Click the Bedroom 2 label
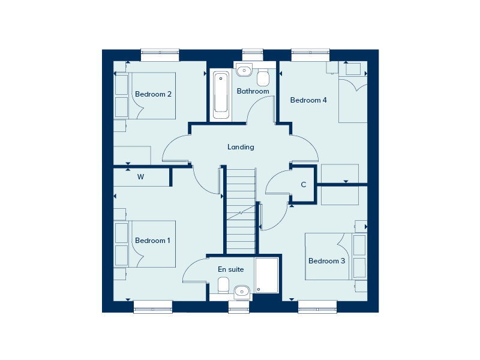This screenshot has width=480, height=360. [154, 94]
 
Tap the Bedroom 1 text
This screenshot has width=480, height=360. [152, 241]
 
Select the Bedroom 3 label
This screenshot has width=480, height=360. [326, 261]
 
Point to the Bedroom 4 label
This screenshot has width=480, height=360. [308, 100]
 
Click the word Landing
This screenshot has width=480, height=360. [241, 147]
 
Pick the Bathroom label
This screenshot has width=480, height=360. [253, 91]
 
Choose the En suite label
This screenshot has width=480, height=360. [231, 269]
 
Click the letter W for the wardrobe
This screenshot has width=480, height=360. [141, 177]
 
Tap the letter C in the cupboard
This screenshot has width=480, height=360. [304, 185]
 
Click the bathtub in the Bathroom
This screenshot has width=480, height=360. [221, 95]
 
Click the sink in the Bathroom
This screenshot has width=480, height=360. [244, 71]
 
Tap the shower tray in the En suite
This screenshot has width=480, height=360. [267, 275]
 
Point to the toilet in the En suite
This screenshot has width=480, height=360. [223, 284]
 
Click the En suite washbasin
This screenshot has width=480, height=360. [242, 291]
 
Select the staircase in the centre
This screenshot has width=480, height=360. [241, 210]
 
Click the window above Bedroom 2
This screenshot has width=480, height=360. [160, 55]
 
